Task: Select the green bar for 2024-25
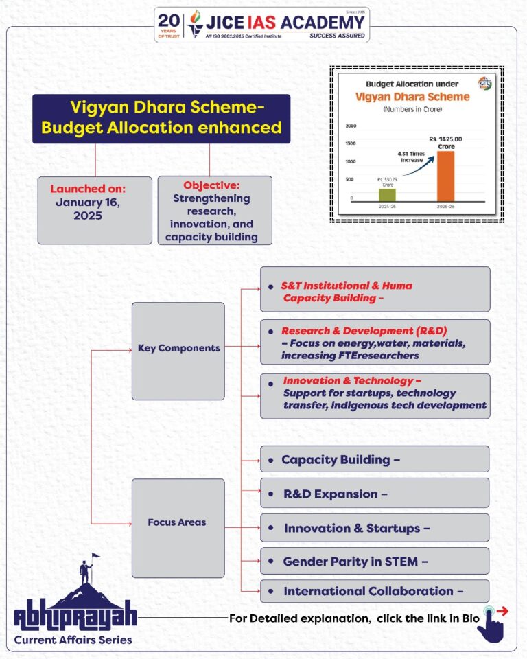[387, 194]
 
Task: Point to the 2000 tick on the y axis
[351, 126]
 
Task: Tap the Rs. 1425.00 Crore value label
[446, 143]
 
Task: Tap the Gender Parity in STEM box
[375, 561]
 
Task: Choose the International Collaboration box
[375, 591]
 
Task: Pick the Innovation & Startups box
[375, 528]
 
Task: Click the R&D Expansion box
[375, 494]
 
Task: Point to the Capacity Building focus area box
[375, 459]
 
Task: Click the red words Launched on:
[88, 188]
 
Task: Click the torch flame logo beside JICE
[196, 23]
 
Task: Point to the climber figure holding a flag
[87, 569]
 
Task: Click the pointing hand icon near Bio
[492, 623]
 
